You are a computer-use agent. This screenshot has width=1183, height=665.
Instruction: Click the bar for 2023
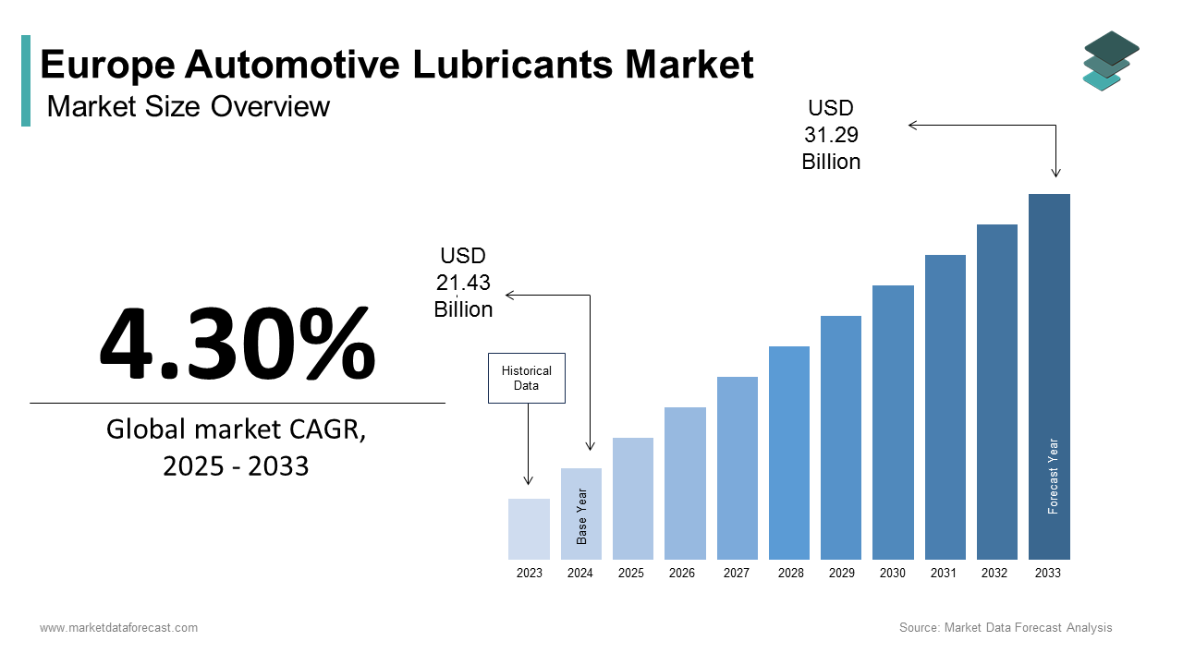coord(529,529)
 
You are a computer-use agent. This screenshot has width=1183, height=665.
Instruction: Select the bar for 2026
coord(685,483)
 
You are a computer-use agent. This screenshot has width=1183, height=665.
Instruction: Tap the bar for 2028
coord(788,453)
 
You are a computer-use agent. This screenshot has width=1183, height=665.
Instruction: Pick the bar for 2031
coord(945,407)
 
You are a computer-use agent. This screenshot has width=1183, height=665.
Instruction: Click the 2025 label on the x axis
coord(631,574)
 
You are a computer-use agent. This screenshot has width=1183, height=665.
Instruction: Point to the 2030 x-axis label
coord(893,574)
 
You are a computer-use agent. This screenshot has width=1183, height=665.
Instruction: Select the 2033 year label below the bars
coord(1048,574)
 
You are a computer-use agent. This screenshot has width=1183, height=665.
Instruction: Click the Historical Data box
coord(526,378)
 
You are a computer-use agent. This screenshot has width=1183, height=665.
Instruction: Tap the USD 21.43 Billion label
coord(463,283)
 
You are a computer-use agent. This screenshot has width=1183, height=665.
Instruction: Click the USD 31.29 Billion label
coord(831,135)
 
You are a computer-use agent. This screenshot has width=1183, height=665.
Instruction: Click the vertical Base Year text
coord(582,516)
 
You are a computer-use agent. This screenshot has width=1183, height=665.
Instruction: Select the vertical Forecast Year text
coord(1053,476)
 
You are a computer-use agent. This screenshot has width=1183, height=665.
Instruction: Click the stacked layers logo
coord(1110,61)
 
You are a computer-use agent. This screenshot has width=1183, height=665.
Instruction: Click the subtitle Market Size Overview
coord(188,107)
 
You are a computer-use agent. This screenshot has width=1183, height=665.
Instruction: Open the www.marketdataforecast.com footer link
coord(118,628)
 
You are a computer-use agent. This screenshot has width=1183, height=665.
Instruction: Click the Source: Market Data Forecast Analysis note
coord(1006,628)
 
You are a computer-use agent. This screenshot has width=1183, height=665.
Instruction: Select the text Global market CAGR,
coord(236,429)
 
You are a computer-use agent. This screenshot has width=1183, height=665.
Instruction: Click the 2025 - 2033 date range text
coord(236,466)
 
